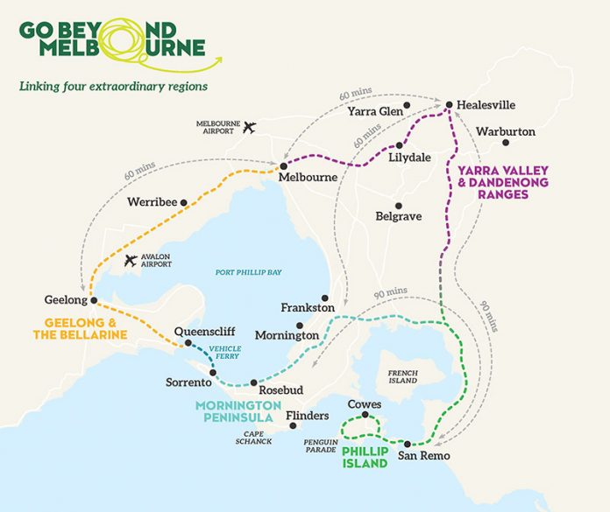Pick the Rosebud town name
tap(283, 382)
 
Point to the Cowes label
tap(364, 405)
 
